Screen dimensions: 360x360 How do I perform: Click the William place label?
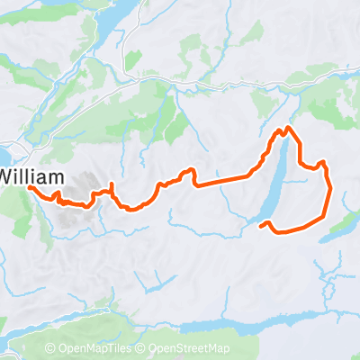coord(31,176)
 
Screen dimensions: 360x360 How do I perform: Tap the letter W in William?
coord(8,176)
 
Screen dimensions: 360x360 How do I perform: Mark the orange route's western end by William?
coord(31,188)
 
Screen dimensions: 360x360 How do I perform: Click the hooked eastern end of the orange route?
coord(261,226)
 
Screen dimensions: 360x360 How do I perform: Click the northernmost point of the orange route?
coord(287,128)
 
